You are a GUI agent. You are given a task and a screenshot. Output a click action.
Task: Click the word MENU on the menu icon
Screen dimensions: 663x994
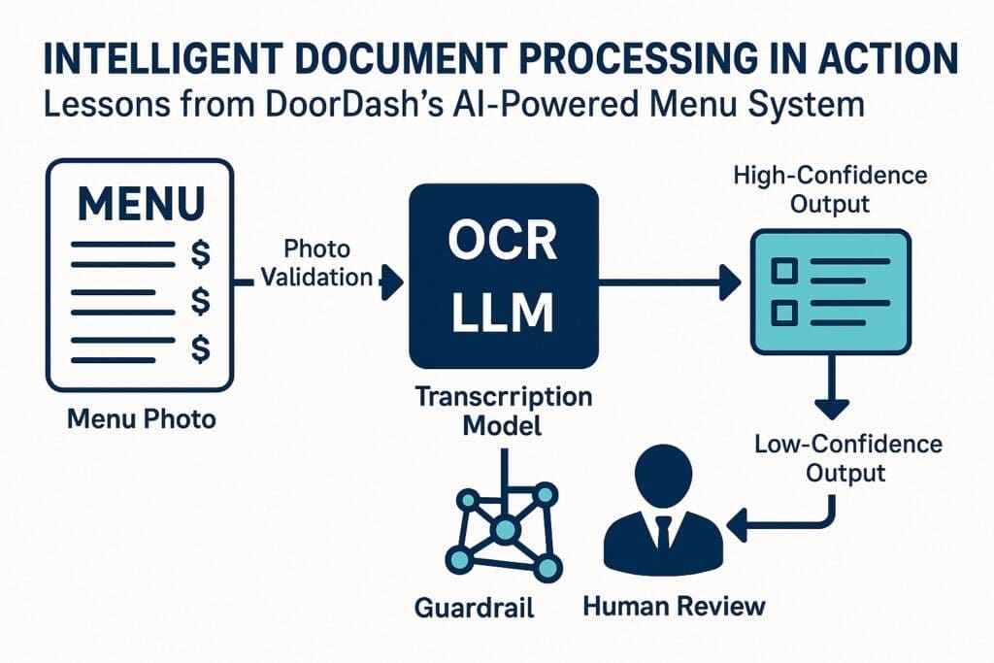click(141, 205)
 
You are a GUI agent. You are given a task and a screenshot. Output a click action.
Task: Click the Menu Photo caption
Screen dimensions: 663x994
click(142, 420)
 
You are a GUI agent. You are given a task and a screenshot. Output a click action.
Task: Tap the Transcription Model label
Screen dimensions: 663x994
click(503, 412)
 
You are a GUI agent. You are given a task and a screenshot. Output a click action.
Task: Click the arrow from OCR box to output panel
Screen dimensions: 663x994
click(670, 283)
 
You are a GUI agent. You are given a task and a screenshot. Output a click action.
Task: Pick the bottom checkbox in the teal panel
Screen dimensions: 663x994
click(783, 313)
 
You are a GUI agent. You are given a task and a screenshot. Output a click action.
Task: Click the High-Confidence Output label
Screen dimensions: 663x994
click(830, 190)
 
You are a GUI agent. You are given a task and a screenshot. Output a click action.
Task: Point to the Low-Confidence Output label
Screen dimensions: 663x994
click(847, 458)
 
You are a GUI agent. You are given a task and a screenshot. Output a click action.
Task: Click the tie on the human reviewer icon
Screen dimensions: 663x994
click(663, 533)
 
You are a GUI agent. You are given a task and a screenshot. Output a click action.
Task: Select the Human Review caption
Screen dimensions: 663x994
click(674, 607)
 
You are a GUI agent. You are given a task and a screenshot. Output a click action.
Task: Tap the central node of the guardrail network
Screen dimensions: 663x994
click(504, 530)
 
